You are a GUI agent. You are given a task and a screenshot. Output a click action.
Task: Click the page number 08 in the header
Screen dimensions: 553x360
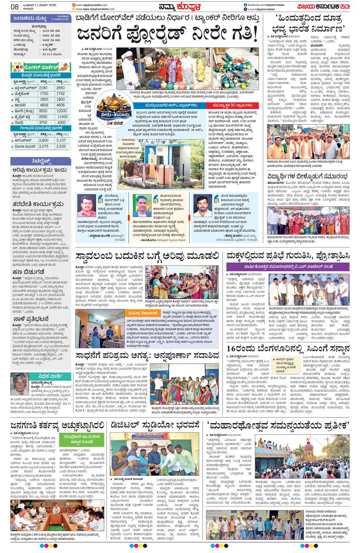(15, 7)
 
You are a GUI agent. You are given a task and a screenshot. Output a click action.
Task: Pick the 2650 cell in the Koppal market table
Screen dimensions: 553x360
(61, 88)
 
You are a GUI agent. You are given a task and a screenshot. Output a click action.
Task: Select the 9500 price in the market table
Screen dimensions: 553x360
(43, 111)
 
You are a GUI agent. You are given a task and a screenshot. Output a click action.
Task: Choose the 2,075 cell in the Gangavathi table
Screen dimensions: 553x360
(43, 146)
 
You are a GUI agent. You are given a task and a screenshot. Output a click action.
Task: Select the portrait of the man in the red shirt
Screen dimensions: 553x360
(87, 206)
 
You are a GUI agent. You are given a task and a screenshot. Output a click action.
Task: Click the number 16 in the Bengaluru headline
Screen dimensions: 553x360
(233, 348)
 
